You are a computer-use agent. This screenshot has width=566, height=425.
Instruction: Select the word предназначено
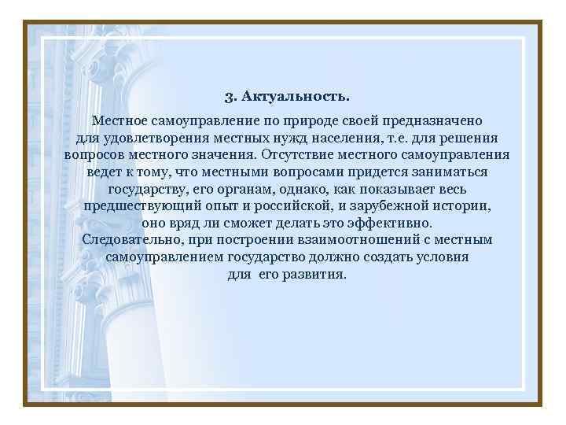pos(433,122)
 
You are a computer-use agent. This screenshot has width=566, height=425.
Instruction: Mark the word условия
pos(440,257)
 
